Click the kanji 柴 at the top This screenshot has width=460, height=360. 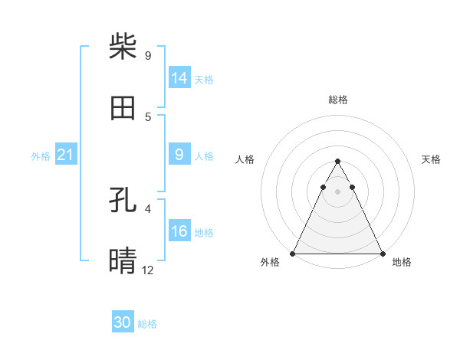[x=123, y=46]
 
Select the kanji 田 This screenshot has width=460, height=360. [x=123, y=109]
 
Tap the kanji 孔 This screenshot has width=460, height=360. [x=123, y=200]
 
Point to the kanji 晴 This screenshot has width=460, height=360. [x=123, y=260]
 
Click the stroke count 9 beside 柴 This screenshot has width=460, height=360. [x=148, y=55]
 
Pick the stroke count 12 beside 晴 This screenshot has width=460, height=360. [x=148, y=270]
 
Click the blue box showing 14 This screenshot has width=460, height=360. [x=179, y=78]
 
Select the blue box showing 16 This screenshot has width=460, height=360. [x=179, y=231]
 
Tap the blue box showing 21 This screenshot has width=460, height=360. [x=65, y=155]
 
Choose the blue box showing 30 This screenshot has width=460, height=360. [x=123, y=322]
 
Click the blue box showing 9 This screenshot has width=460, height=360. [x=179, y=155]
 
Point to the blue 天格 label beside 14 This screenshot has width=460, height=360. [x=204, y=79]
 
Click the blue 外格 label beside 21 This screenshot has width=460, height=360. [x=41, y=156]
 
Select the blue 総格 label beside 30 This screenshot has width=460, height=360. [x=147, y=324]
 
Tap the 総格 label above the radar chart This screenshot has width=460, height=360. [x=337, y=100]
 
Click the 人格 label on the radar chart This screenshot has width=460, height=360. [x=245, y=159]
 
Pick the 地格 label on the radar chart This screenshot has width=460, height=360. [x=402, y=262]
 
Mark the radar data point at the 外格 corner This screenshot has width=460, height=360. [x=293, y=254]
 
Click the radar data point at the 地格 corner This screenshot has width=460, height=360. [x=382, y=254]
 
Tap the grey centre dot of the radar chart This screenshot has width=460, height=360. [x=337, y=191]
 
